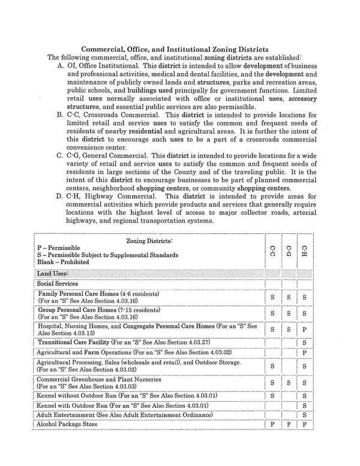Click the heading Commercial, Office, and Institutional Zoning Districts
click(175, 49)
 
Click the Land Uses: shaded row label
click(53, 273)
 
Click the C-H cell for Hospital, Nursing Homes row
click(305, 329)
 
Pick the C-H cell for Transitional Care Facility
click(305, 342)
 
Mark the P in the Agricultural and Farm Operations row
click(305, 353)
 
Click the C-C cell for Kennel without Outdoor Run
click(272, 396)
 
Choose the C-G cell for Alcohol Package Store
click(289, 425)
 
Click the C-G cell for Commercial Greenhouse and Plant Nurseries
click(289, 383)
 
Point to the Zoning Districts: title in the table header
click(149, 240)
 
